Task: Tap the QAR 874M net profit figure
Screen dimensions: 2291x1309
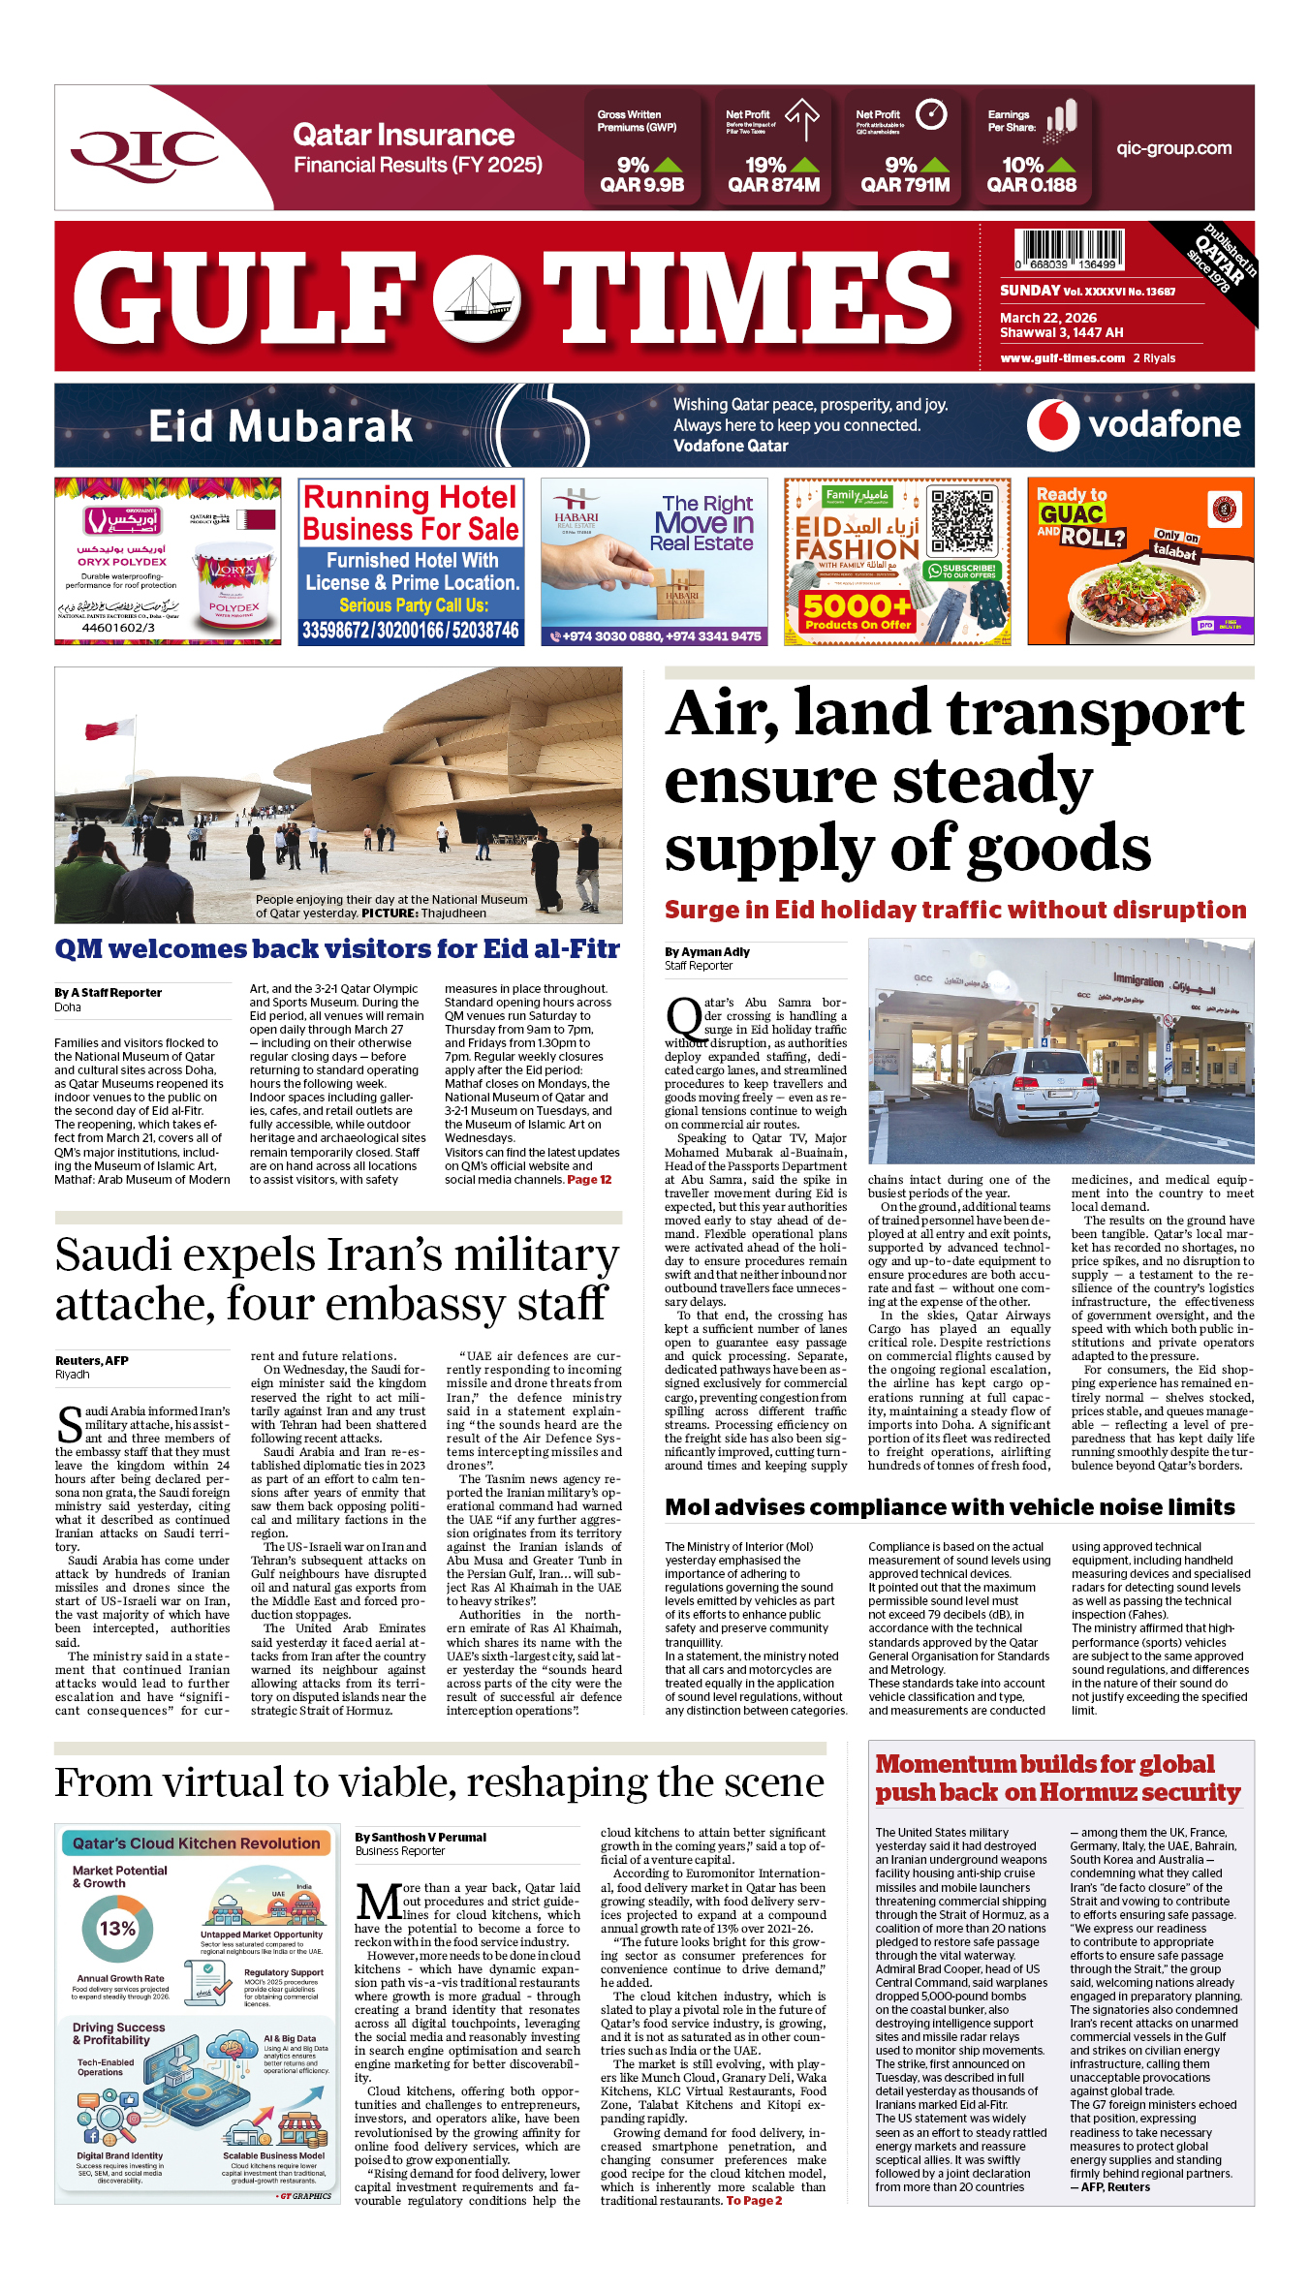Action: coord(773,185)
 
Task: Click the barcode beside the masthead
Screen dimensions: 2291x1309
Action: coord(1070,249)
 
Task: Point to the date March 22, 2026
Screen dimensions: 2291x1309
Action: coord(1048,318)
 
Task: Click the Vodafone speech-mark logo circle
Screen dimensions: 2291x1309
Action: coord(1052,424)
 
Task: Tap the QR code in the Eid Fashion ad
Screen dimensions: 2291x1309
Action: coord(962,521)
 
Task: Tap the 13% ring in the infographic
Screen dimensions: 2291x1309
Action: coord(117,1929)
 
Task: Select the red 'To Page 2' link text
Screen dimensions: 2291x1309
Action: coord(754,2201)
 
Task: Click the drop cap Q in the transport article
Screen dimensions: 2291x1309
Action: coord(683,1017)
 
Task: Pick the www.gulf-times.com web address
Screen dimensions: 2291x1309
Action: coord(1062,358)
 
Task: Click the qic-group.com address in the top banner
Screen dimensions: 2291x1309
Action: coord(1173,148)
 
